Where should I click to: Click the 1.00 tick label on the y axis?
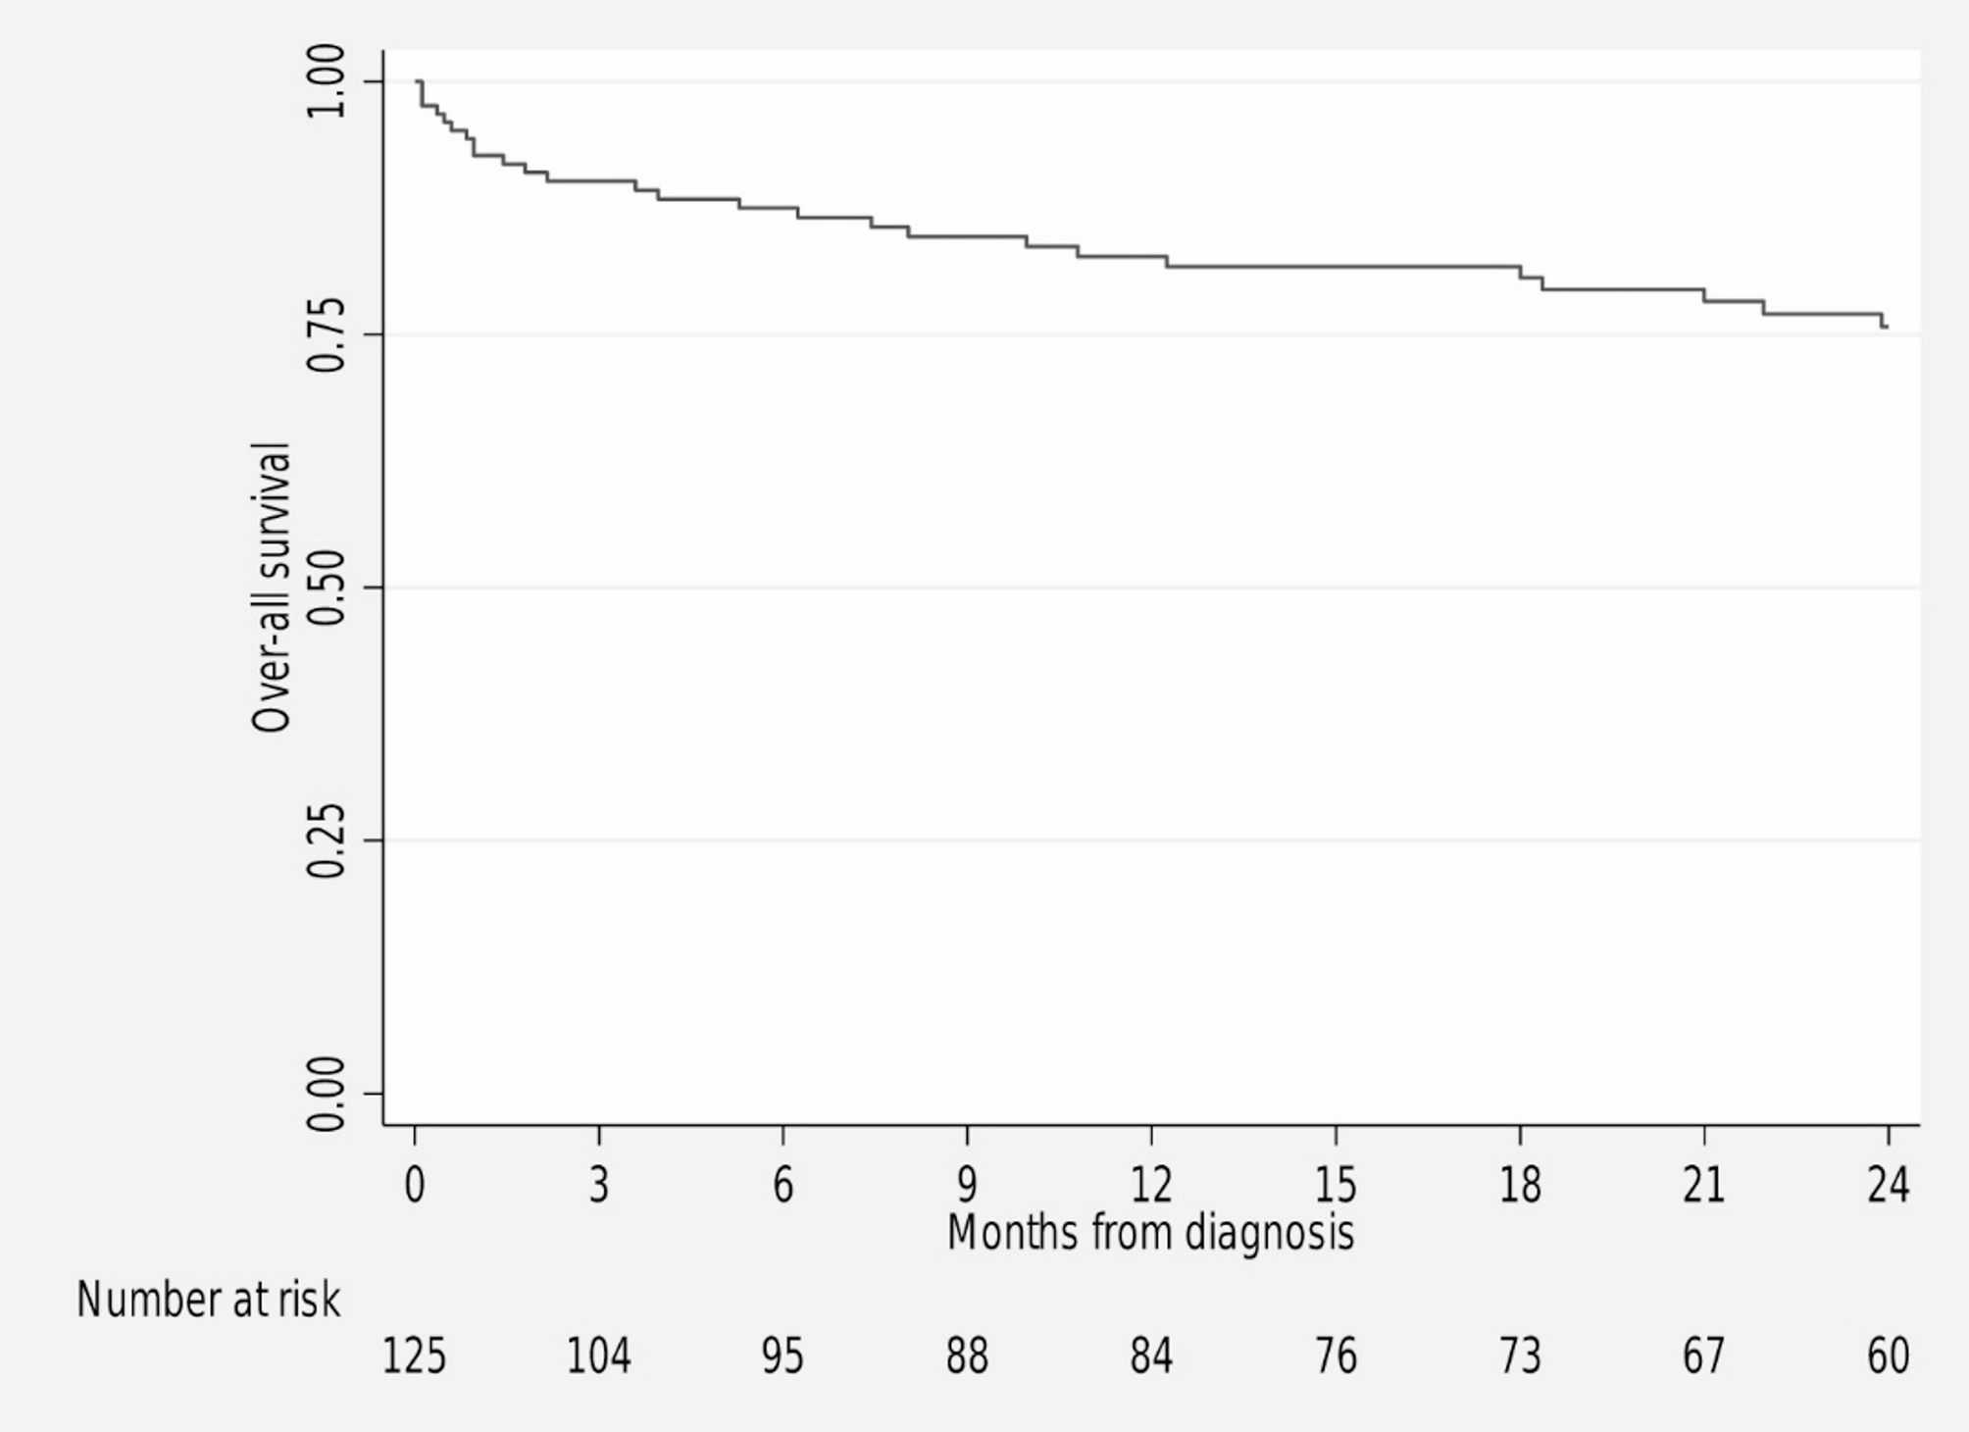326,81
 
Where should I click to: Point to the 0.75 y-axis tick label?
326,334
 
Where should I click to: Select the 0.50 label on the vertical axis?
326,588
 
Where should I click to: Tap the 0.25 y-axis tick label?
326,841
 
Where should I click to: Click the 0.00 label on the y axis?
326,1094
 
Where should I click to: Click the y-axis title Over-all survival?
272,588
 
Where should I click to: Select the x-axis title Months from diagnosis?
1150,1233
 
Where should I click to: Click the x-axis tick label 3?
599,1186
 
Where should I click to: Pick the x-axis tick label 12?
1151,1186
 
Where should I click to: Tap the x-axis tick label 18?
1520,1186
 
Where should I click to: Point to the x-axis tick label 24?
1888,1186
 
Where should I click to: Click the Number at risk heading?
209,1301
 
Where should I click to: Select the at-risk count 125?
414,1357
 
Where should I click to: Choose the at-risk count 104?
599,1357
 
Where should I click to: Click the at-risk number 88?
967,1357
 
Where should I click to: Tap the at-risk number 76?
1336,1357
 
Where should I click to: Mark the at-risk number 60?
1888,1357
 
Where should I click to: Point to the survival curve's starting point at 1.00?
418,81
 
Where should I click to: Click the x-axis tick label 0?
415,1186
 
